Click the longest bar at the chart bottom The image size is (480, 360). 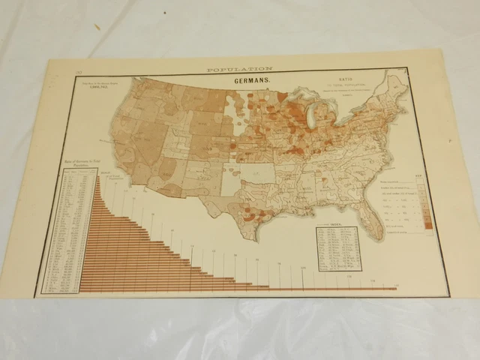pos(240,289)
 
